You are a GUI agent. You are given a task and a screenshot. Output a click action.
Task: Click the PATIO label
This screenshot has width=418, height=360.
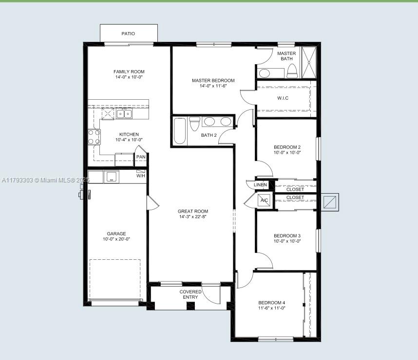point(128,34)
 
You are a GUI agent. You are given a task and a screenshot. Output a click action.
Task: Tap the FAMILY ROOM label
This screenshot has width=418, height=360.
point(129,72)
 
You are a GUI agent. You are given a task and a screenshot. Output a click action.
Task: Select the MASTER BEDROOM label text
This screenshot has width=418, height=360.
point(213,80)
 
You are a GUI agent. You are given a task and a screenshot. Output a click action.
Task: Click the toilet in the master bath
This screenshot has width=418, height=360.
point(292,72)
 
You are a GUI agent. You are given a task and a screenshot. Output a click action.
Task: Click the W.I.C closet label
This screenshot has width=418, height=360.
point(283,98)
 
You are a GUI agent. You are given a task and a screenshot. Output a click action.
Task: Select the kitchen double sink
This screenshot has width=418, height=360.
point(124,114)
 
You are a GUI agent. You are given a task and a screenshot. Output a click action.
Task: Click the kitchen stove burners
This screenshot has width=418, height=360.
point(94,137)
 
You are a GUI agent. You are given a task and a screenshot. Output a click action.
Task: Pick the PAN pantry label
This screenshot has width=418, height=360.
point(140,157)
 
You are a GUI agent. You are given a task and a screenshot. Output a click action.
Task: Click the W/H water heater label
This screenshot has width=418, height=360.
point(140,175)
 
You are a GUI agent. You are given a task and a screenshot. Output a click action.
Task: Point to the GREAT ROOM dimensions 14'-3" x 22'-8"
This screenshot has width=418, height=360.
point(193,217)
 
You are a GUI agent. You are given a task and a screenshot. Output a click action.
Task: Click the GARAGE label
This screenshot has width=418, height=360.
point(116,234)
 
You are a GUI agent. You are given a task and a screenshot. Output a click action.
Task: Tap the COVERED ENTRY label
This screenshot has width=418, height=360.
point(190,294)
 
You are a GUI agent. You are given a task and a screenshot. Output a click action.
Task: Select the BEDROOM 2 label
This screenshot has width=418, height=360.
point(287,147)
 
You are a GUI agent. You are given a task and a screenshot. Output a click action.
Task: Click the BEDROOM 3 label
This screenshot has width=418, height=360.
point(287,235)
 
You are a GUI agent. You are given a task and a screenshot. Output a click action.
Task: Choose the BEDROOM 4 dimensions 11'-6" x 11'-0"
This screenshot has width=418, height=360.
point(271,308)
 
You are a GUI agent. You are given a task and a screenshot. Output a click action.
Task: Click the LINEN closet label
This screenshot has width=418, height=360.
point(260,185)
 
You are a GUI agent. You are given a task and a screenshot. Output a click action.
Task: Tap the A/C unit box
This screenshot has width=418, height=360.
point(265,200)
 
